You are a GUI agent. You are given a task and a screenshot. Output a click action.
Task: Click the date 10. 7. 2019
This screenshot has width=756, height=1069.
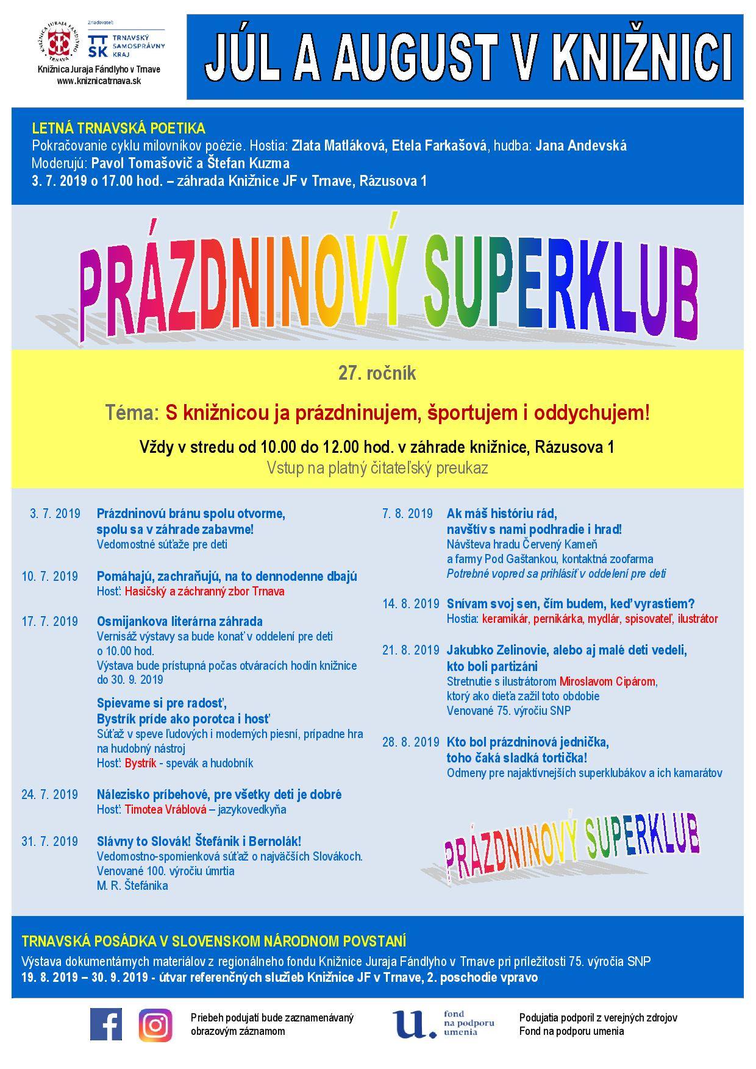50,576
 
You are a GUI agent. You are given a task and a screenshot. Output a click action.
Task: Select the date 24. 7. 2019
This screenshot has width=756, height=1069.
50,794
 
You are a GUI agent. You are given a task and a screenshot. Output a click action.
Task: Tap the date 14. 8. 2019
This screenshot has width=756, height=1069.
410,604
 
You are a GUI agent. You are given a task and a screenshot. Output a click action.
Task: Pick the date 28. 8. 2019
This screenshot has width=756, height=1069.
410,742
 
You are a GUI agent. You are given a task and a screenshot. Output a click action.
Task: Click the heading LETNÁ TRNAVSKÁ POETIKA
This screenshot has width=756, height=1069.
118,129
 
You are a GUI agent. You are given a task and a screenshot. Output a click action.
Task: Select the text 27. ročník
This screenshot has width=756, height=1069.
377,373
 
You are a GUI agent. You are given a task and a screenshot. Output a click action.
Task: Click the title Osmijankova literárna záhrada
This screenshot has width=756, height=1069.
180,621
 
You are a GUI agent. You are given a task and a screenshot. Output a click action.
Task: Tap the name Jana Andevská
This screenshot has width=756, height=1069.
580,146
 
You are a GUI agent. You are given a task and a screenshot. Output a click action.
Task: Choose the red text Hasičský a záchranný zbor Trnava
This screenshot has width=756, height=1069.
204,591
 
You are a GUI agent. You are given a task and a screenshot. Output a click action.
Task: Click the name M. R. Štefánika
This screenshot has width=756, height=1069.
132,886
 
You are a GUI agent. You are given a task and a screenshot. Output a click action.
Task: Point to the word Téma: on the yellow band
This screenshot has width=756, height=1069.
132,413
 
